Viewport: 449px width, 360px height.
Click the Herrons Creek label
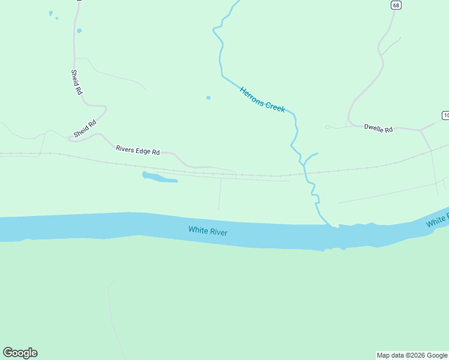tap(262, 100)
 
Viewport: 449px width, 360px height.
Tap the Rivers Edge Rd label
tap(137, 151)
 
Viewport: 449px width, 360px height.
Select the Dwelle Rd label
tap(378, 128)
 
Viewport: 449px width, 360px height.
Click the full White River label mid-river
tap(208, 230)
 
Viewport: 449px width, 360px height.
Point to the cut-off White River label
tap(438, 221)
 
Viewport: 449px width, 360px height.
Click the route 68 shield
tap(395, 5)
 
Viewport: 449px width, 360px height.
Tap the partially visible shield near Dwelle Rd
tap(445, 115)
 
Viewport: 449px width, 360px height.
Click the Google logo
tap(20, 352)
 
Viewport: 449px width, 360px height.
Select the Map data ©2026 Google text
tap(412, 355)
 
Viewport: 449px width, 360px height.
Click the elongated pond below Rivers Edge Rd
tap(158, 178)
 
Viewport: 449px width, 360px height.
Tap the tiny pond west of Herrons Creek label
tap(208, 98)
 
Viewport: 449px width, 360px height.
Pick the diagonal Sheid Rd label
tap(85, 128)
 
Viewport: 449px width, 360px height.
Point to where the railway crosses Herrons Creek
tap(304, 174)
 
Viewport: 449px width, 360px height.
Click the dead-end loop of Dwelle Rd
tap(327, 127)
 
